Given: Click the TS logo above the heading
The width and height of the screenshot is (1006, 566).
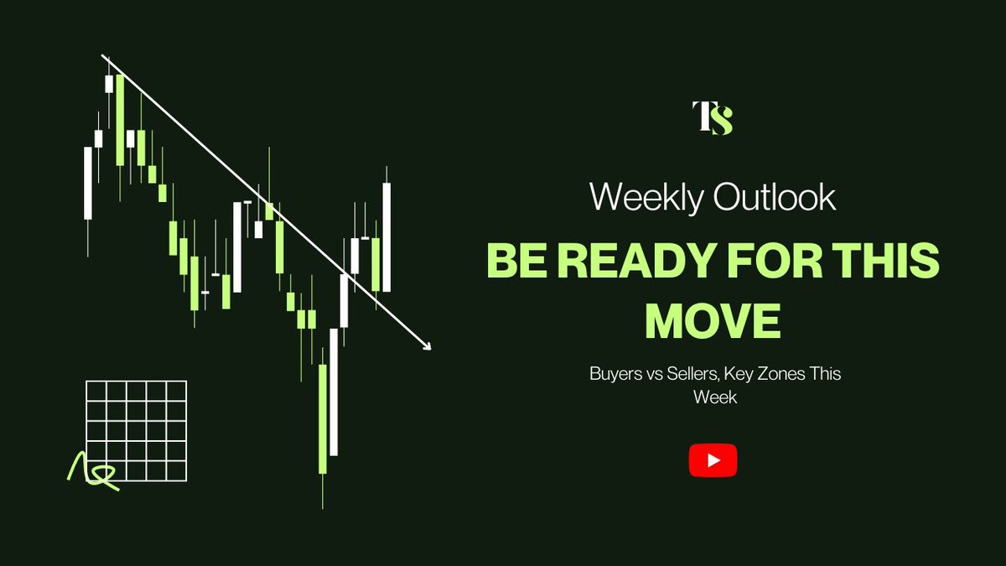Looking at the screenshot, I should tap(713, 117).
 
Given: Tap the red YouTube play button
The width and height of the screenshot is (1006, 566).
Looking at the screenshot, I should tap(713, 460).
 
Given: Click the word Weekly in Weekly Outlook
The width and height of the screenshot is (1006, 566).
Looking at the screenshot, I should tap(646, 198).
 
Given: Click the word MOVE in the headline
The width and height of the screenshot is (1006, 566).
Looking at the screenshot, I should tap(713, 320).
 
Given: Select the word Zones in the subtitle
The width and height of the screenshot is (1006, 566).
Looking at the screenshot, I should tap(776, 374).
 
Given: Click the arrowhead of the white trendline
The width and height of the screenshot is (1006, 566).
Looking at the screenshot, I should tap(427, 345).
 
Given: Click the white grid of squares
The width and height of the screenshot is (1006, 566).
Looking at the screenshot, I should tap(137, 430).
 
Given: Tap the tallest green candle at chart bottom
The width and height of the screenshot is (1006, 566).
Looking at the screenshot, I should tap(323, 419).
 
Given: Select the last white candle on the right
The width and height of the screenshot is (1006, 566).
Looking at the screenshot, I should tap(387, 237).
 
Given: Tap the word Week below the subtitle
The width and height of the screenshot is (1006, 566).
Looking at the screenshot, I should tap(714, 397).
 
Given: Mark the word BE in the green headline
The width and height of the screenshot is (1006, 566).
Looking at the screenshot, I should tap(513, 263).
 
